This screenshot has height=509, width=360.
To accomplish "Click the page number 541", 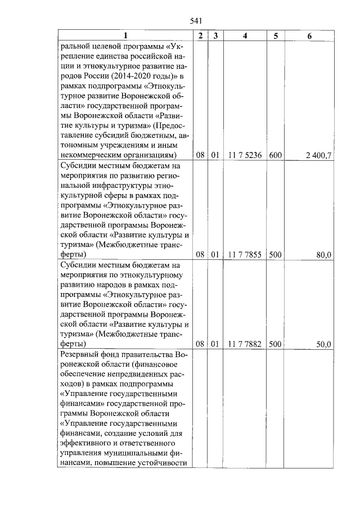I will pyautogui.click(x=196, y=21).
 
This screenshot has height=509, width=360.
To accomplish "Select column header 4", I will pyautogui.click(x=245, y=35).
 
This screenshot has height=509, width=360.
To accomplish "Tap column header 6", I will pyautogui.click(x=309, y=35).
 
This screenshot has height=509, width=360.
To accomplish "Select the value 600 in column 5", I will pyautogui.click(x=275, y=155).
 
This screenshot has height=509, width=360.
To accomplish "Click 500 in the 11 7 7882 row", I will pyautogui.click(x=275, y=344).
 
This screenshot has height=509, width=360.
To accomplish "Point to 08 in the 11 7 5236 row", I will pyautogui.click(x=200, y=155).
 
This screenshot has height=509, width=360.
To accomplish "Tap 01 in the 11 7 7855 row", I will pyautogui.click(x=214, y=255).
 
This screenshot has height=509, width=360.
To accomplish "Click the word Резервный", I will pyautogui.click(x=82, y=355).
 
